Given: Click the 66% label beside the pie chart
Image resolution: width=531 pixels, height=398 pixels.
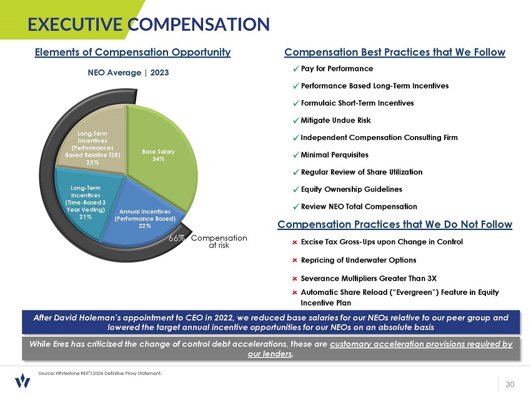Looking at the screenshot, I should pos(177,238).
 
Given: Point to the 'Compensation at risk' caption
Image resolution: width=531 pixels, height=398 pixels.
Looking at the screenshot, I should pos(219,242).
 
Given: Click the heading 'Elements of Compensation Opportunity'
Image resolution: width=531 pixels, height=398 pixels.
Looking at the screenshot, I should pos(133,52).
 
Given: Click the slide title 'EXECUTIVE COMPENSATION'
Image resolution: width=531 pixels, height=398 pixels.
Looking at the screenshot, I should pos(149,24).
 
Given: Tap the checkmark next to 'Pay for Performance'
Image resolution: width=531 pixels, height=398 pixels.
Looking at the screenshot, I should pos(295,69).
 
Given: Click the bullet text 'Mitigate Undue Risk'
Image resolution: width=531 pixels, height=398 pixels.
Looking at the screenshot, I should pos(335,121).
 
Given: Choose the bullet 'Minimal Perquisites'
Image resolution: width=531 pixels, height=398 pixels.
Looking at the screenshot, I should pos(334,154).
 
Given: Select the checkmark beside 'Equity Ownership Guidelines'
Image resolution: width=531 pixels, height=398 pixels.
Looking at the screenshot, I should pos(295,189).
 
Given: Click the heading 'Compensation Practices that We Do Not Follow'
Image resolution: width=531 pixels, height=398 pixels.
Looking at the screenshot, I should pos(395,224).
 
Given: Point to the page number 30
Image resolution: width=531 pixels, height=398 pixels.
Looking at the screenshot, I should pos(510,384).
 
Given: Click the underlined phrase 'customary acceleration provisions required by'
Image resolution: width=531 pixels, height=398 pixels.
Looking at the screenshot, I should pos(421,344).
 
